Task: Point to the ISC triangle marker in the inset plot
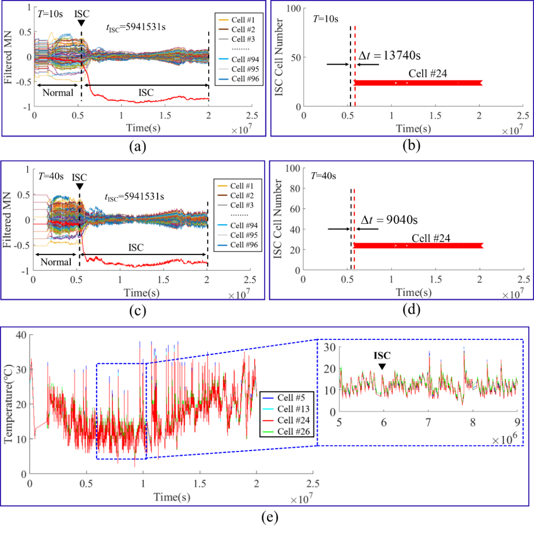tap(382, 366)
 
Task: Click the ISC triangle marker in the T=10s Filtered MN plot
tap(82, 23)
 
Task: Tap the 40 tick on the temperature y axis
tap(22, 335)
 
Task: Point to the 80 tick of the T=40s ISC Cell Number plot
tap(295, 188)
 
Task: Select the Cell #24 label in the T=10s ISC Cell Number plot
tap(428, 74)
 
